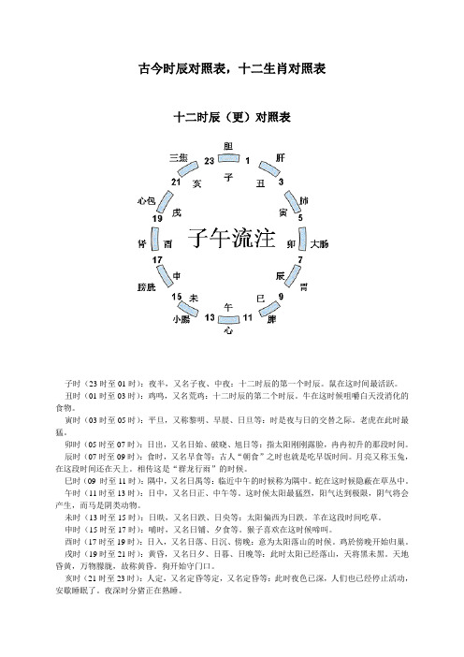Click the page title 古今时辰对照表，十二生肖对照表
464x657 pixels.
[231, 68]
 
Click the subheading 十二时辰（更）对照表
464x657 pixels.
[232, 119]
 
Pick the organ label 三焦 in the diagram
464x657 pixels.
[179, 157]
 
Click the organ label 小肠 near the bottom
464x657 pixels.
[181, 320]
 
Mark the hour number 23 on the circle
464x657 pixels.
[209, 162]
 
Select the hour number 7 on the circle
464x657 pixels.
[299, 259]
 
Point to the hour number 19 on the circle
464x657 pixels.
[158, 218]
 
